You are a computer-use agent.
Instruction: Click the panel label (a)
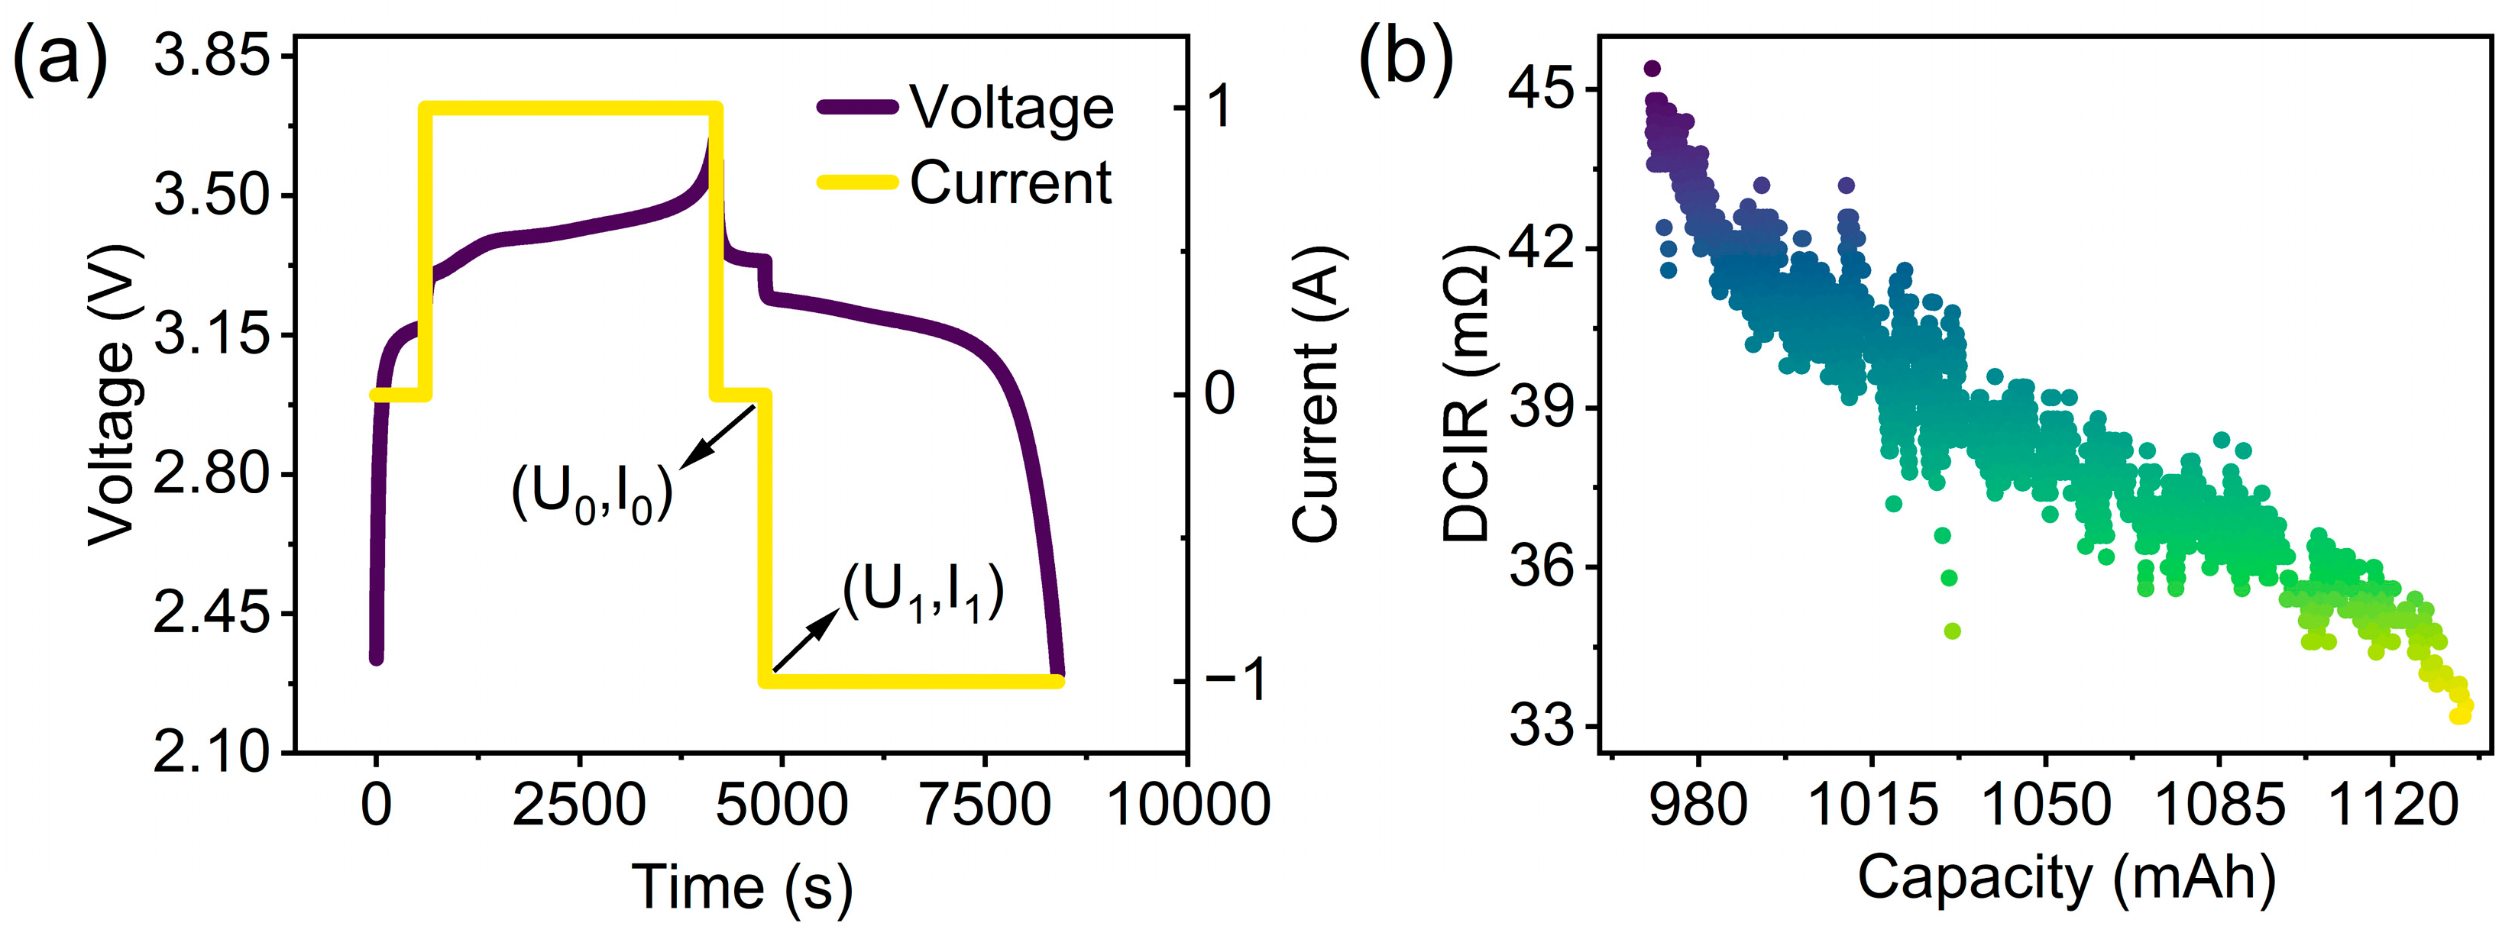59,60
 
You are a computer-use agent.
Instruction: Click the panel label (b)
1405,60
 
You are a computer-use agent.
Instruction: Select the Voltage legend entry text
1012,108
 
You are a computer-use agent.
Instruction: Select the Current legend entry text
1011,182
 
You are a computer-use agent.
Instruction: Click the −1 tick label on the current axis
1235,680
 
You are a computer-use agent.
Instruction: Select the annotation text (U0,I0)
591,494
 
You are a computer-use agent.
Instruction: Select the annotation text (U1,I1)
924,592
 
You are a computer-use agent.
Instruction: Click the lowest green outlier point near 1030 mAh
1952,631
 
